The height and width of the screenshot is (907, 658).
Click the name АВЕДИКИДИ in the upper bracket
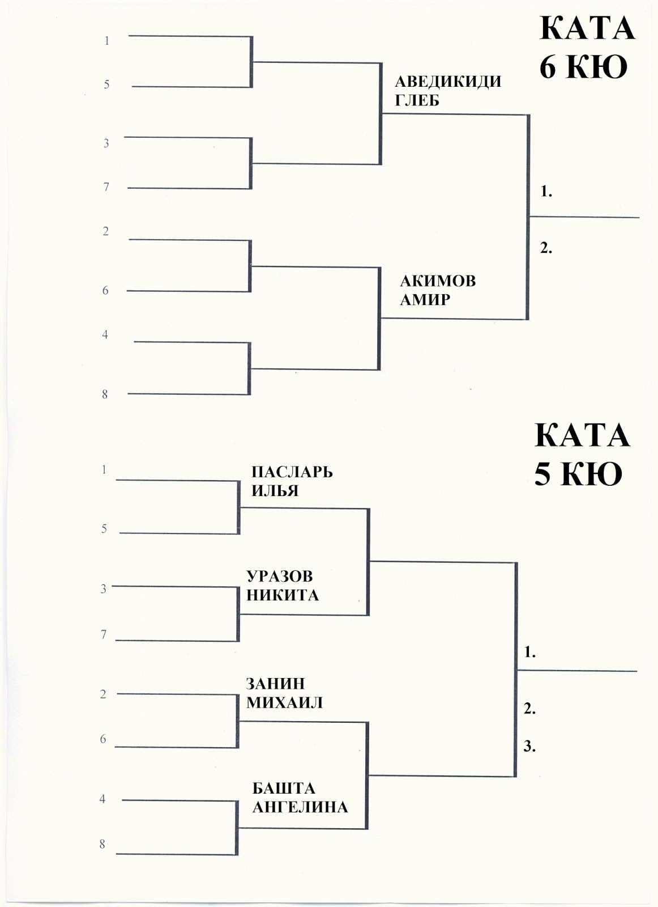pos(448,81)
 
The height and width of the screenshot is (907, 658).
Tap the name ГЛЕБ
pos(417,100)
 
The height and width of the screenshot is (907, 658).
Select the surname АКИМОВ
pos(438,281)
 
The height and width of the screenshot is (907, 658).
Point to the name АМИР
pos(425,299)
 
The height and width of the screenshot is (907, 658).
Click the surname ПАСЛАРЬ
pos(292,472)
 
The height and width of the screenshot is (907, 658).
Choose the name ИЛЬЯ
pos(275,490)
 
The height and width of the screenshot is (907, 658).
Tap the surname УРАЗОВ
pos(280,576)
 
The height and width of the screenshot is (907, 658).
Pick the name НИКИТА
pos(283,595)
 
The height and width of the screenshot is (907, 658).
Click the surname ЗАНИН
pos(275,684)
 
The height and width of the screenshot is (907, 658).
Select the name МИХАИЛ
pos(284,703)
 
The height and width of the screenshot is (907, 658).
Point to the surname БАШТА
pos(284,788)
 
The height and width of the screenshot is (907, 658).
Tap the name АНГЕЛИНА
pos(300,807)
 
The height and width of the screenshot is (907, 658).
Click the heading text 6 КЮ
pos(583,67)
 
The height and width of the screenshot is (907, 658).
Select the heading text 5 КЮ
pos(578,474)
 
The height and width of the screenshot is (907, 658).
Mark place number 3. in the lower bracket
pos(529,747)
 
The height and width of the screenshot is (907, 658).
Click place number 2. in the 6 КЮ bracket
pos(546,248)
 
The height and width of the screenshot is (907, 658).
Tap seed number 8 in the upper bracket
pos(105,395)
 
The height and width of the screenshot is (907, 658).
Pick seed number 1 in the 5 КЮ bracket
pos(104,469)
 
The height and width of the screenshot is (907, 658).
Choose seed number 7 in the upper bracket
pos(106,187)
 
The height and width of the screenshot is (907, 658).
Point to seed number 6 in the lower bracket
pos(103,739)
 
